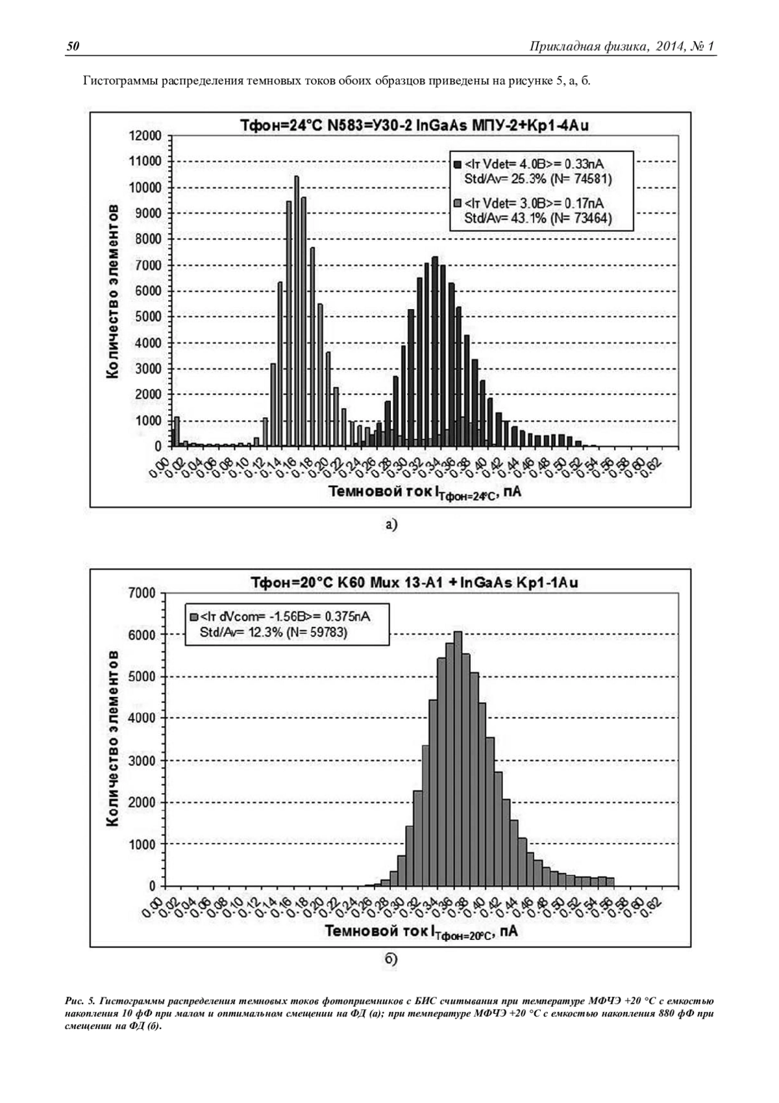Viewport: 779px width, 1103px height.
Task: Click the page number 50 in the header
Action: tap(73, 46)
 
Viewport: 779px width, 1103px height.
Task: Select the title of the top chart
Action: tap(414, 126)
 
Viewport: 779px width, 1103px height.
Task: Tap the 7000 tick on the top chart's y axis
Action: tap(150, 265)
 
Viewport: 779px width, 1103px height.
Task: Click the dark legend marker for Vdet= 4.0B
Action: tap(458, 162)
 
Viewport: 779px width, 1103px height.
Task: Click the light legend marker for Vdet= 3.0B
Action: tap(458, 203)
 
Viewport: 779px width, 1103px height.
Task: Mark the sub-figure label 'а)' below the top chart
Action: tap(390, 524)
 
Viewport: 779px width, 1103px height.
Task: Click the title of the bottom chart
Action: tap(414, 583)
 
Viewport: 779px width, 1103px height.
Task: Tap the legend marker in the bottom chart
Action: tap(194, 616)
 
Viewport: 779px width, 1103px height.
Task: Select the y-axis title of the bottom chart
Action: tap(112, 738)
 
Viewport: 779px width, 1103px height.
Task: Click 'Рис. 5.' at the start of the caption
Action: tap(80, 1001)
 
